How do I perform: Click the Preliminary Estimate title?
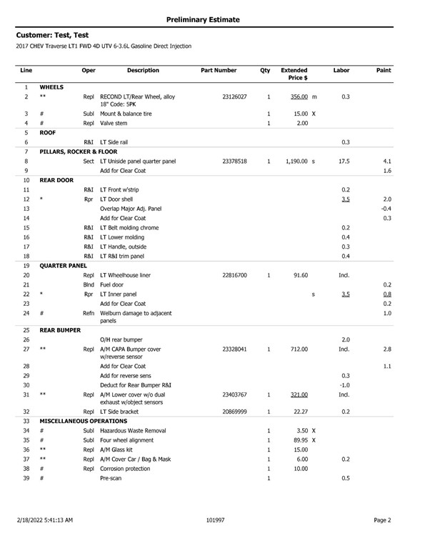click(214, 17)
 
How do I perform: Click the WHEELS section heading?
click(51, 87)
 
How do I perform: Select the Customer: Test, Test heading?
click(52, 34)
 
